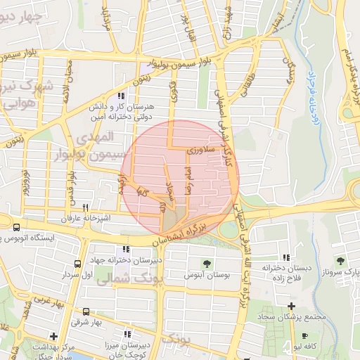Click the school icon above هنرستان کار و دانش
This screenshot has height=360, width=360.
point(122,96)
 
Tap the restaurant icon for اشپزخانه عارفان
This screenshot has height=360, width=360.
point(86,207)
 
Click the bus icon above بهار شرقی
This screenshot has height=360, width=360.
point(86,311)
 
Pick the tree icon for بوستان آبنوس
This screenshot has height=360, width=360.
point(207,264)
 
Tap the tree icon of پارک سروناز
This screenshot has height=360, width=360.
point(340,261)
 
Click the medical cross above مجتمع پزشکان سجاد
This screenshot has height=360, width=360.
point(291,306)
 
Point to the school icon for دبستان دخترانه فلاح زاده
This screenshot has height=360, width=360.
point(285,258)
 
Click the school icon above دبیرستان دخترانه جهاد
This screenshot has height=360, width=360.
point(126,250)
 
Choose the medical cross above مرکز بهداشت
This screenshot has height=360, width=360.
point(53,335)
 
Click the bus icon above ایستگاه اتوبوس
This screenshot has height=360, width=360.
point(16,227)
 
